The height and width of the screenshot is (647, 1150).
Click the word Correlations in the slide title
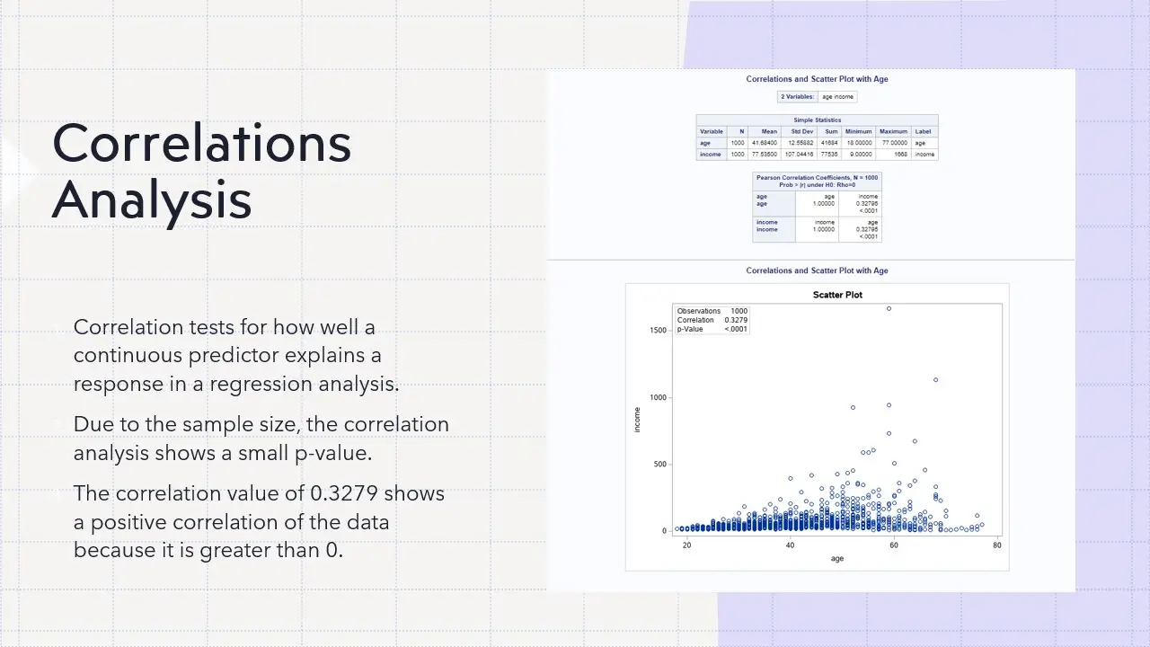[201, 143]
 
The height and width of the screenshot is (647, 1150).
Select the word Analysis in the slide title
[152, 200]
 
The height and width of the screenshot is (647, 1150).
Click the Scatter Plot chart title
[837, 295]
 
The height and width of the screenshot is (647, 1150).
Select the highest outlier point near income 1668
[889, 308]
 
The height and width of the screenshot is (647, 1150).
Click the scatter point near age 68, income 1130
[935, 380]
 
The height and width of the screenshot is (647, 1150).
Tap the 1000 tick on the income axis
[657, 398]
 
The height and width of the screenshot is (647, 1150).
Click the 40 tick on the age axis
[790, 545]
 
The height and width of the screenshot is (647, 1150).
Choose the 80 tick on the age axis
[996, 545]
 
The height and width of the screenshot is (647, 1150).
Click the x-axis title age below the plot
[837, 559]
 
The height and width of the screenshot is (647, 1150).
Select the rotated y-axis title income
[638, 420]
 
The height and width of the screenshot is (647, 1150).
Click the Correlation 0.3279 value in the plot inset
[737, 320]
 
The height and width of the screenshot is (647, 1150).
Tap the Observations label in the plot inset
[699, 311]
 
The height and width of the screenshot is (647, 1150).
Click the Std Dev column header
[802, 131]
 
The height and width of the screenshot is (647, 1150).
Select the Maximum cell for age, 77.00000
[893, 143]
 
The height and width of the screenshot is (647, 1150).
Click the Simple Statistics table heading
[817, 120]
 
